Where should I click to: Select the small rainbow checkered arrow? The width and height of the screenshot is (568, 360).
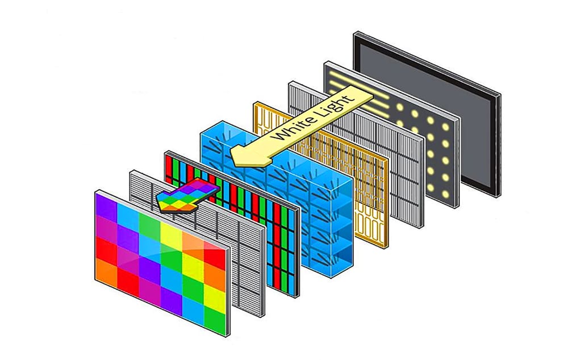[x=187, y=195]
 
